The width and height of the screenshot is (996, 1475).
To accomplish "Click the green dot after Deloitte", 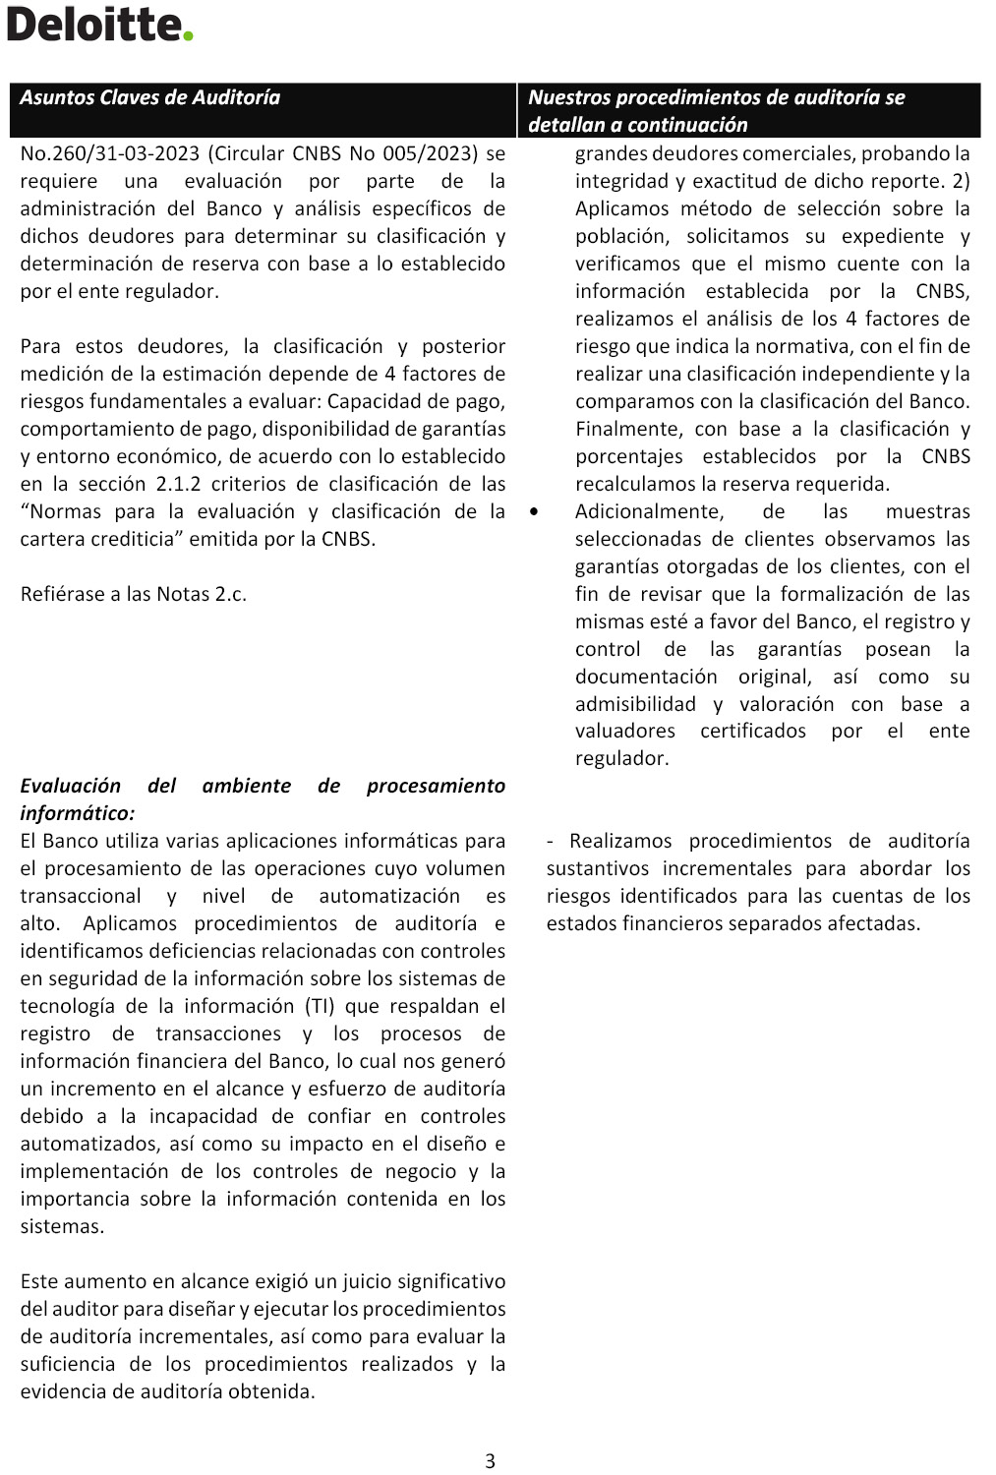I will (188, 36).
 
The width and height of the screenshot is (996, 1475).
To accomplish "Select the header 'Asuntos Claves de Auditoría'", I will (149, 97).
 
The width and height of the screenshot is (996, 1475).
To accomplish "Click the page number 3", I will (490, 1461).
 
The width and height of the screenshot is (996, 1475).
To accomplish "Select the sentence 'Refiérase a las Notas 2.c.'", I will (134, 594).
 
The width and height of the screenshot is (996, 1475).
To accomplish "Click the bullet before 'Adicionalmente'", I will (533, 512).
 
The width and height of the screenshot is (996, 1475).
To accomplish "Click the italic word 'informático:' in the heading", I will (77, 813).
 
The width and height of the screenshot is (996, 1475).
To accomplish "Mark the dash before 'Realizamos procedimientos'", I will (551, 841).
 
